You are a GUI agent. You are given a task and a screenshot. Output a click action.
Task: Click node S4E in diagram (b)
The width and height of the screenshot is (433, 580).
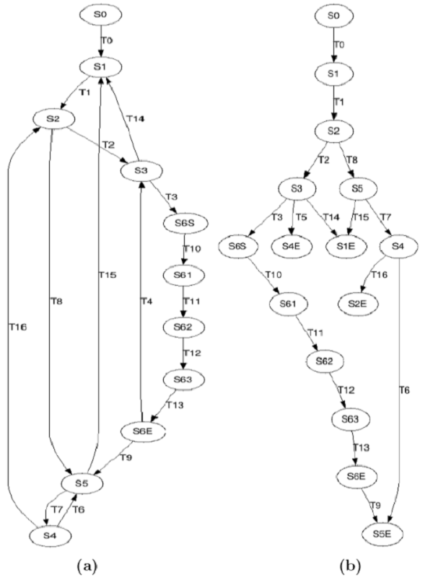(x=292, y=246)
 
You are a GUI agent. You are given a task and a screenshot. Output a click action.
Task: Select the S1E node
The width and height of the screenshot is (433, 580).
(x=346, y=246)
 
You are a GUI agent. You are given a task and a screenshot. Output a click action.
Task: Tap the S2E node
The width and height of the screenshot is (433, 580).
(x=358, y=304)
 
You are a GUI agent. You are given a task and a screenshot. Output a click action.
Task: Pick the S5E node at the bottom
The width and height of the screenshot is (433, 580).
(x=382, y=534)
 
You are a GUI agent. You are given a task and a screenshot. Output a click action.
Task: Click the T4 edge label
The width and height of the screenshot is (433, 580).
(x=146, y=301)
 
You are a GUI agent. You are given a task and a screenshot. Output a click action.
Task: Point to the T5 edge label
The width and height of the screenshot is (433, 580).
(x=302, y=217)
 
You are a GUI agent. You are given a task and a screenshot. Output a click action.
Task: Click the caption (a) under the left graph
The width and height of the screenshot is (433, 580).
(x=87, y=566)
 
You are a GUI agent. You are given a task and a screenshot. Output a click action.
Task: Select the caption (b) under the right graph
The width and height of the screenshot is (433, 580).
(x=350, y=566)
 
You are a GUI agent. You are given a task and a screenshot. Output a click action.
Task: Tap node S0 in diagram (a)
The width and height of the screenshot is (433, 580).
(x=100, y=14)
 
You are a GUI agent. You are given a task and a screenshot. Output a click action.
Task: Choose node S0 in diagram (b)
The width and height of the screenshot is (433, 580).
(x=334, y=16)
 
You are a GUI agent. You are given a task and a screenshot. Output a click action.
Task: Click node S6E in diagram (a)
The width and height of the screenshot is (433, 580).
(x=143, y=431)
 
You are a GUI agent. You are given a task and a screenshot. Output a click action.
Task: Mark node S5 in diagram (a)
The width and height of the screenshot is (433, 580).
(x=82, y=483)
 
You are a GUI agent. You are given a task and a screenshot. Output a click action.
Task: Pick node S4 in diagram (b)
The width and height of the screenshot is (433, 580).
(x=398, y=246)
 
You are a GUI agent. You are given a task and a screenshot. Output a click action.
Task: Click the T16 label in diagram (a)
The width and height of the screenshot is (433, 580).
(x=18, y=327)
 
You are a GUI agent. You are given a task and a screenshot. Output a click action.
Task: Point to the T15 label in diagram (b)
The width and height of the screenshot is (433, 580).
(x=360, y=217)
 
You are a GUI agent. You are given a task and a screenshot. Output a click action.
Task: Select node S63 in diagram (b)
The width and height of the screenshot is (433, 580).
(x=350, y=418)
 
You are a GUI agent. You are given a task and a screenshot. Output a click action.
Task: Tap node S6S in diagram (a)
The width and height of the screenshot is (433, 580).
(x=184, y=223)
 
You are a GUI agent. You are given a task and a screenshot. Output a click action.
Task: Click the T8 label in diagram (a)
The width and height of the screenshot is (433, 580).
(x=56, y=301)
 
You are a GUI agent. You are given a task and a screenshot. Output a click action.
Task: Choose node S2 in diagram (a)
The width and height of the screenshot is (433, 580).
(x=54, y=119)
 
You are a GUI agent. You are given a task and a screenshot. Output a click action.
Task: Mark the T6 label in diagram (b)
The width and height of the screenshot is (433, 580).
(x=405, y=390)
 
